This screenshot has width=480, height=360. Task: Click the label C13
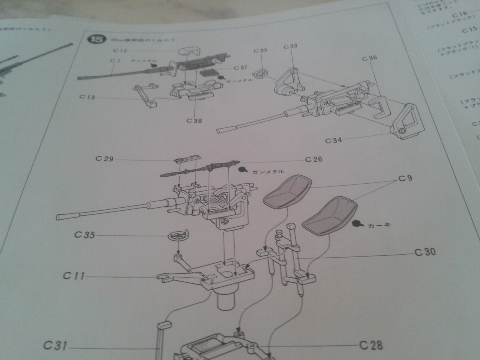87,97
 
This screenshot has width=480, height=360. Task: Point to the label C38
194,121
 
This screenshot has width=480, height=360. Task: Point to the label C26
314,159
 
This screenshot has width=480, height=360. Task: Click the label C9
405,178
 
